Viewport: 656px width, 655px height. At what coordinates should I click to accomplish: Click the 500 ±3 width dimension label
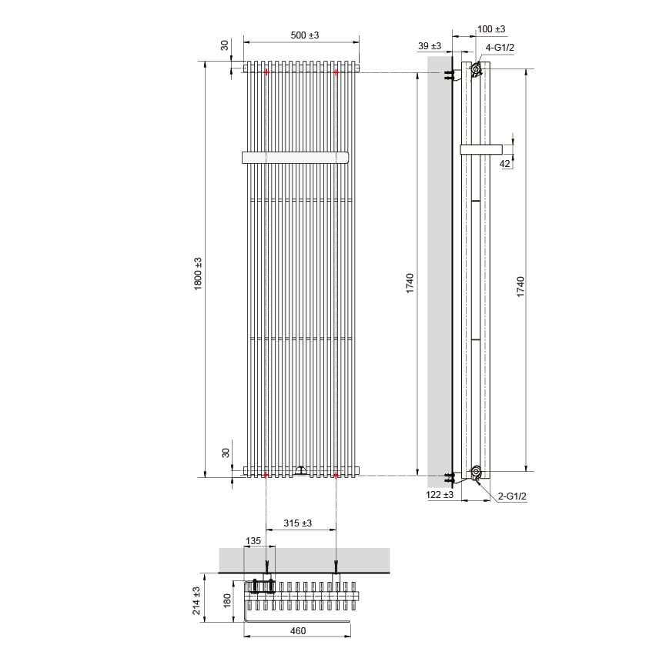pyautogui.click(x=305, y=35)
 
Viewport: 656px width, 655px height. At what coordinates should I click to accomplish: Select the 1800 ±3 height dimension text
pyautogui.click(x=198, y=274)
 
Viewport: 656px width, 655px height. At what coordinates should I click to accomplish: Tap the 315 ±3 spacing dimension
pyautogui.click(x=297, y=523)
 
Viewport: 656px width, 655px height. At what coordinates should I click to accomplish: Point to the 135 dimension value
pyautogui.click(x=253, y=541)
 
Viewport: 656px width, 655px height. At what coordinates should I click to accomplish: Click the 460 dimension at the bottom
pyautogui.click(x=298, y=630)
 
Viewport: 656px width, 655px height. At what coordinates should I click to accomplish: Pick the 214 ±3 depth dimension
pyautogui.click(x=196, y=600)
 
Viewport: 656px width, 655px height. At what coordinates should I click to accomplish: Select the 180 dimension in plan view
pyautogui.click(x=227, y=600)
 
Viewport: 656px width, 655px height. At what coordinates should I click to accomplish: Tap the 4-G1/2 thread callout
pyautogui.click(x=500, y=47)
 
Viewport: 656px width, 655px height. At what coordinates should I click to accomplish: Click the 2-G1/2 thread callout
pyautogui.click(x=512, y=496)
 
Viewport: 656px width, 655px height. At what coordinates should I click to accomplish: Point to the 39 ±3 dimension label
pyautogui.click(x=429, y=46)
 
